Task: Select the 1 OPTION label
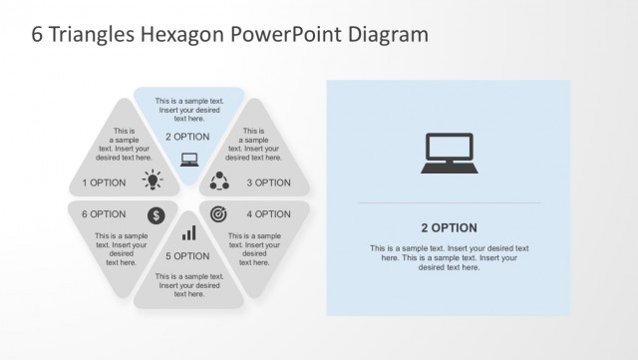click(104, 182)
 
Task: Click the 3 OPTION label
click(268, 182)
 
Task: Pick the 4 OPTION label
click(268, 214)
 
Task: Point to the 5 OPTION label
click(187, 256)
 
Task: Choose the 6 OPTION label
click(104, 214)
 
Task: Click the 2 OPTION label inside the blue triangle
click(187, 137)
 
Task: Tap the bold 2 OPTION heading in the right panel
click(449, 227)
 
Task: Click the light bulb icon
click(153, 180)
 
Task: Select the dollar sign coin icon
click(157, 214)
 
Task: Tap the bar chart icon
click(188, 233)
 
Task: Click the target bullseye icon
click(219, 213)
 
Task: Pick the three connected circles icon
click(220, 180)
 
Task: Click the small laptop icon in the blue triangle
click(189, 158)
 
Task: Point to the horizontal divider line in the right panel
click(449, 203)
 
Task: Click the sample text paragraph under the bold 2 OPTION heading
click(449, 257)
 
